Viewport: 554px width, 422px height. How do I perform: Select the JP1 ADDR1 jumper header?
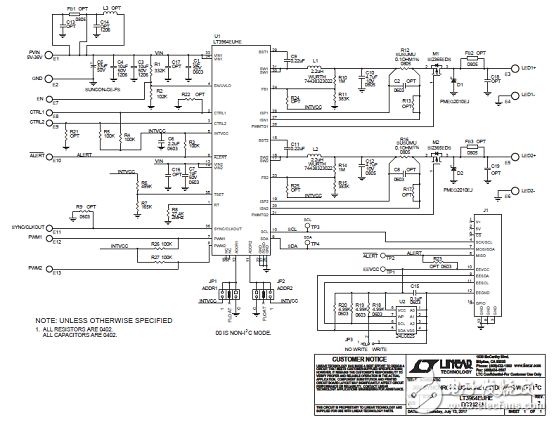click(230, 293)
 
